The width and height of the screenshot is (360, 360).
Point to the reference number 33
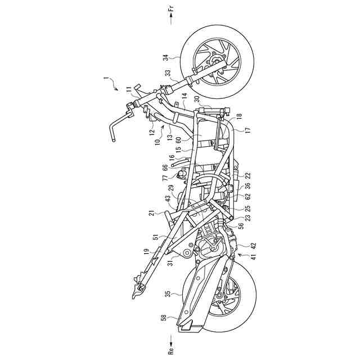[x=168, y=74]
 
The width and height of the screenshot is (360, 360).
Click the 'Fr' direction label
[x=171, y=9]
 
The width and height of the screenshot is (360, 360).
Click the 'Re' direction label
[x=171, y=350]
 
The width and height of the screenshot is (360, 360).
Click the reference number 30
[x=198, y=100]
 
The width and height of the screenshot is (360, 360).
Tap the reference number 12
[x=152, y=133]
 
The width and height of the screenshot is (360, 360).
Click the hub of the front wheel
[x=216, y=61]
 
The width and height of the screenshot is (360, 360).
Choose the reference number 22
[x=249, y=176]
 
